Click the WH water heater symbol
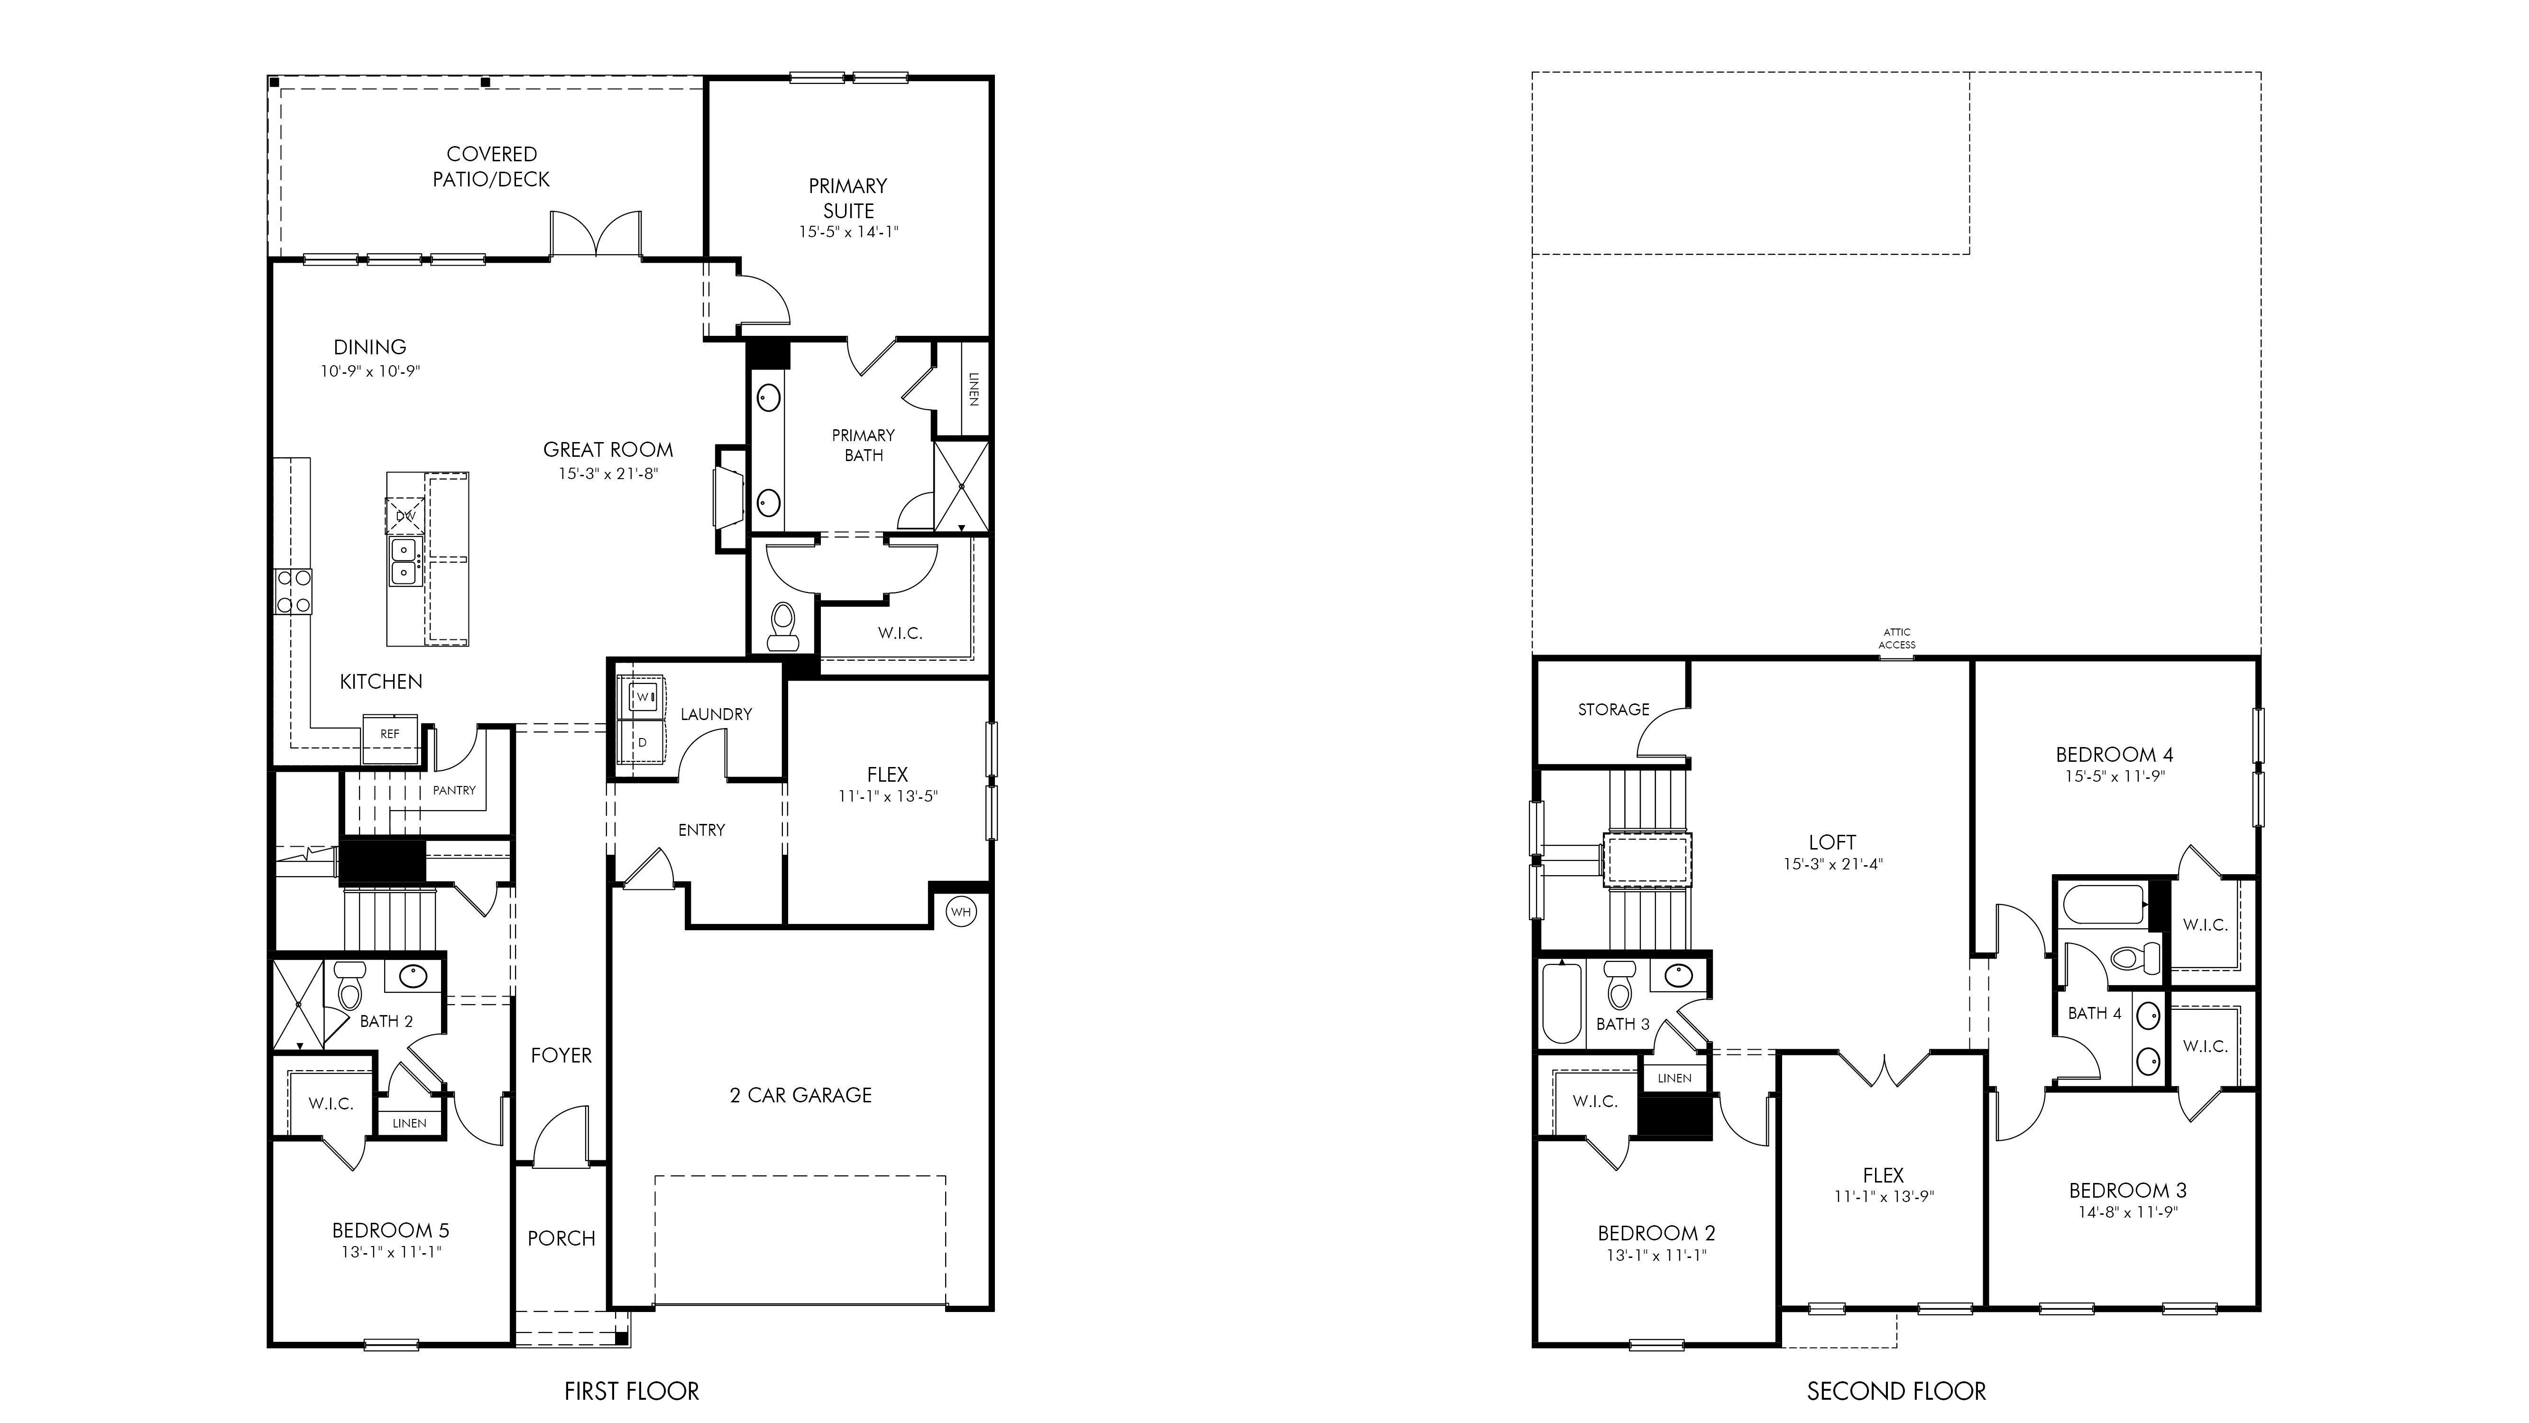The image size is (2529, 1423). (x=960, y=912)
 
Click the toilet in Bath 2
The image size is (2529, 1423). (x=349, y=986)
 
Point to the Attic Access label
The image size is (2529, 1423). (x=1897, y=638)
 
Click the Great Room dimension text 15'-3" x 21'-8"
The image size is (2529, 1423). (x=607, y=473)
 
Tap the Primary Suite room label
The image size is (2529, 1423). (x=848, y=197)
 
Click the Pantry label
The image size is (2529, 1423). (x=455, y=790)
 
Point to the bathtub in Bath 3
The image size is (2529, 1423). (x=1562, y=1003)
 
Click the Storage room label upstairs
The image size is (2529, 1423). (x=1613, y=709)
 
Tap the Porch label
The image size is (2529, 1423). (x=561, y=1238)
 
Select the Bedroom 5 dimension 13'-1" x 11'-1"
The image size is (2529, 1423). (x=391, y=1252)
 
